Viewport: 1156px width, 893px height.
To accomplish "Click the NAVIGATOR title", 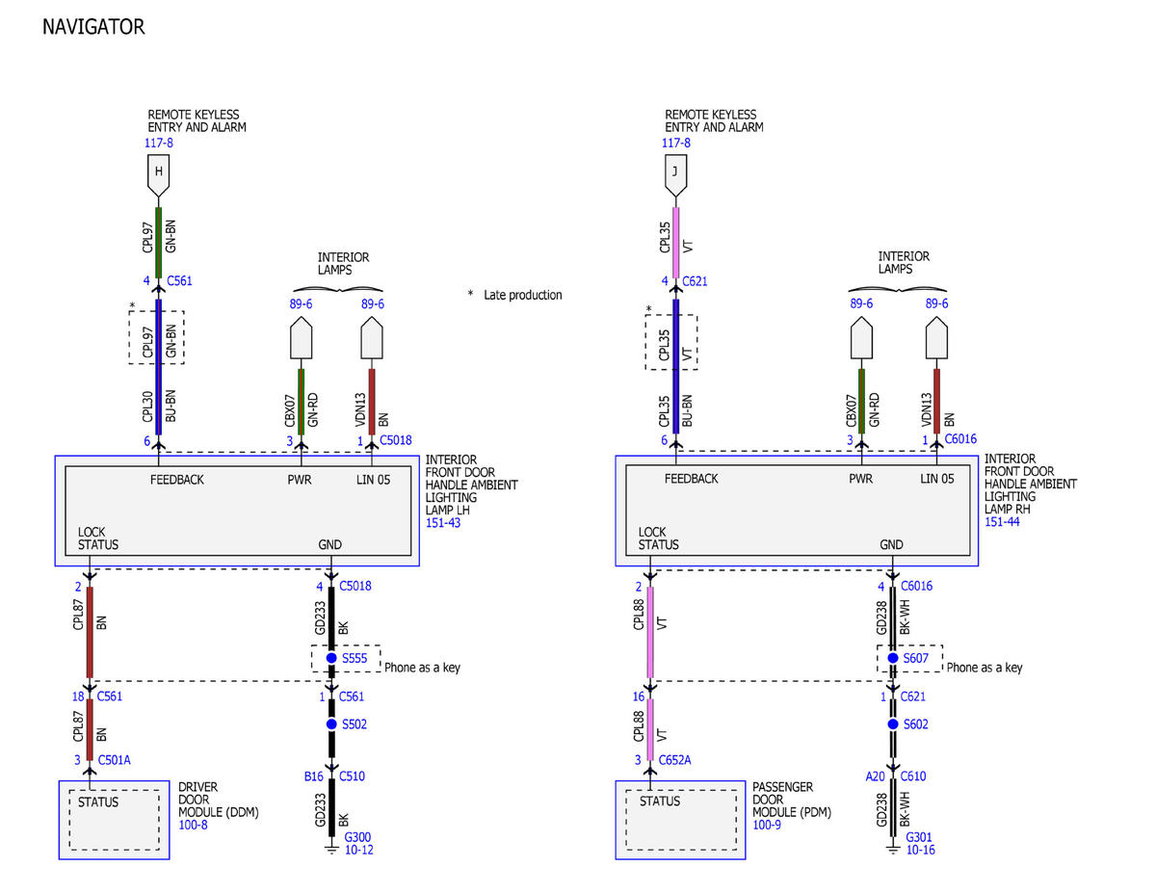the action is click(93, 27).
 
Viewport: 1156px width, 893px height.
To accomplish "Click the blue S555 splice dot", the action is click(331, 658).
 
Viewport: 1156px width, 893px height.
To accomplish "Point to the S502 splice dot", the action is click(331, 723).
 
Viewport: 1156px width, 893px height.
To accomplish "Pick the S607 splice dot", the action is click(893, 658).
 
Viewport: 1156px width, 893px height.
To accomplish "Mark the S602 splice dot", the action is click(893, 723).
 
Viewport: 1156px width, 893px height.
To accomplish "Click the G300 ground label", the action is click(357, 837).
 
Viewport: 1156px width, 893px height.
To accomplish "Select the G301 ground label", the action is click(919, 837).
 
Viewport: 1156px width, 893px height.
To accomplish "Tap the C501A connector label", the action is click(114, 760).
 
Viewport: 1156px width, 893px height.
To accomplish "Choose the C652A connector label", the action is click(674, 760).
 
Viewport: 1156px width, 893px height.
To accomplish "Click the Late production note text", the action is click(522, 295).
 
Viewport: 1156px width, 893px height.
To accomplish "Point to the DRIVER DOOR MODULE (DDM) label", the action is click(218, 800).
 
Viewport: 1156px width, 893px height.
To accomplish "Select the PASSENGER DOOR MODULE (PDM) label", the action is click(792, 800).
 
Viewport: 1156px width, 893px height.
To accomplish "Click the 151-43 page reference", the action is click(442, 523).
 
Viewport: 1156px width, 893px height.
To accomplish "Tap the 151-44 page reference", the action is click(1002, 522).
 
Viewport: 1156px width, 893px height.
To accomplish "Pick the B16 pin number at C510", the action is click(313, 776).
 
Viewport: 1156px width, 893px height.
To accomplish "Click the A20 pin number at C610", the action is click(875, 776).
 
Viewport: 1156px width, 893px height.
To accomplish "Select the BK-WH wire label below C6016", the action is click(905, 617).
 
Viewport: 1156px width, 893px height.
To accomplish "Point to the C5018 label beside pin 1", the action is click(395, 440).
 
